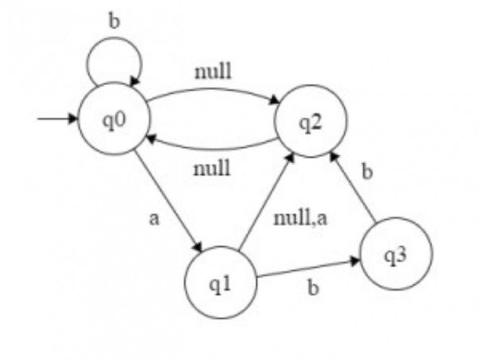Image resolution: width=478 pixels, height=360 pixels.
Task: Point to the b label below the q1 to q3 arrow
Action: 312,288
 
